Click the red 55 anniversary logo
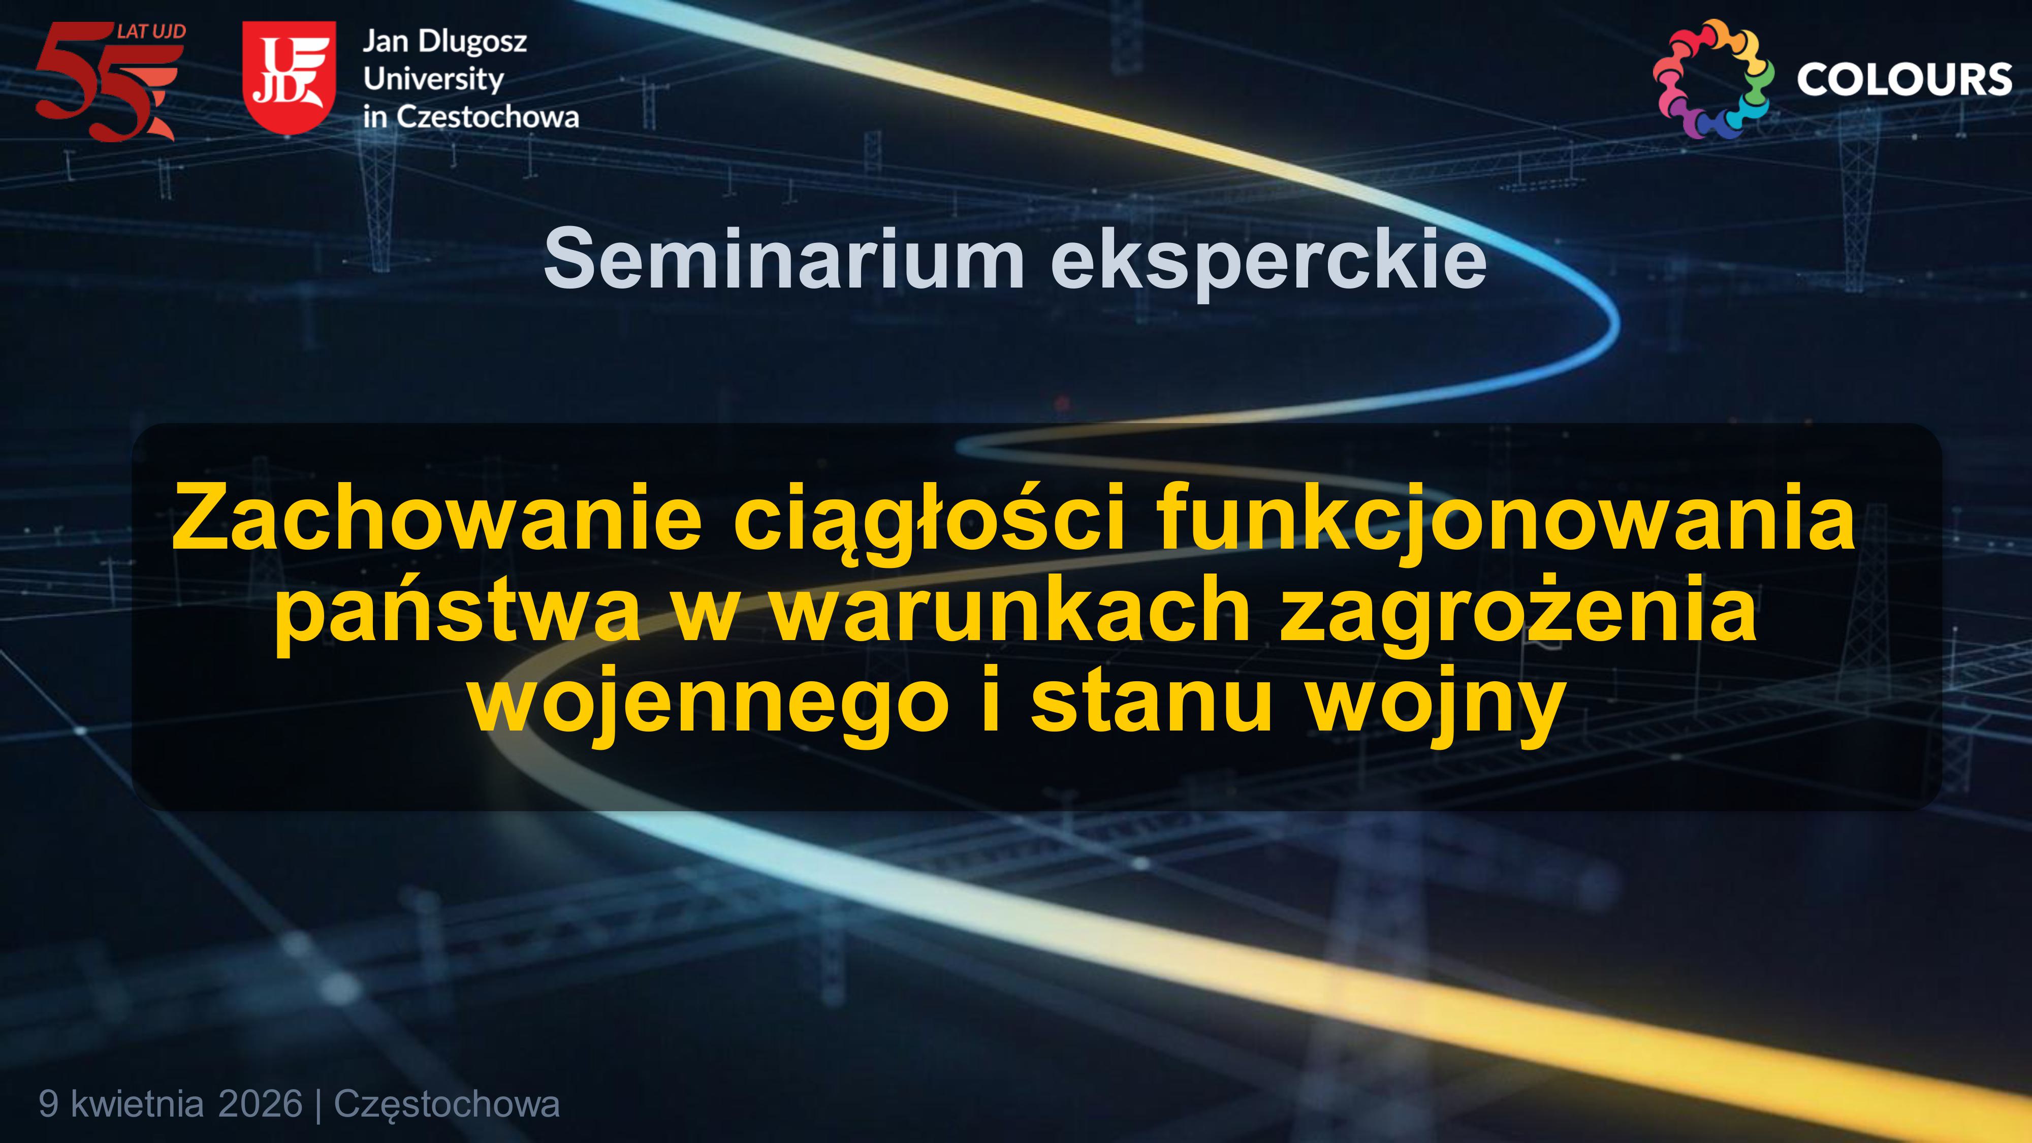(x=110, y=81)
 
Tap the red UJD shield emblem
(x=289, y=77)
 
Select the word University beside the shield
(x=433, y=80)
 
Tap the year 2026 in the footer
(x=260, y=1103)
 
